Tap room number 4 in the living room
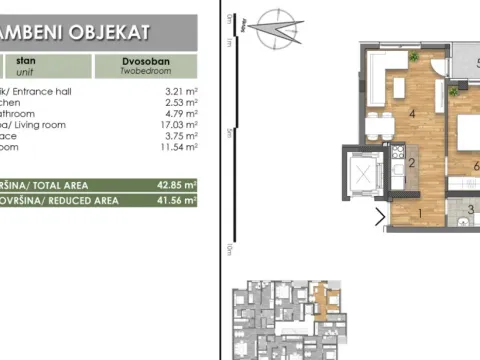[x=412, y=112]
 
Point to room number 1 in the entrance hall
[x=420, y=212]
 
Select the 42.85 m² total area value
[x=180, y=185]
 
